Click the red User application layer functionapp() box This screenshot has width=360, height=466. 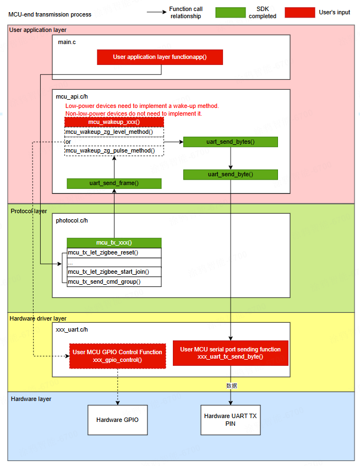click(x=160, y=57)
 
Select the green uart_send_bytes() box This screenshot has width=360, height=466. click(x=230, y=142)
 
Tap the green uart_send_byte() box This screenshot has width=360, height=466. click(x=230, y=175)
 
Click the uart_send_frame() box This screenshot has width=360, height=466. click(x=114, y=183)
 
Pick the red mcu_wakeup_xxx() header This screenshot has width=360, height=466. click(x=114, y=122)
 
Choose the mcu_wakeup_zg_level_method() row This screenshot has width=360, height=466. click(x=114, y=132)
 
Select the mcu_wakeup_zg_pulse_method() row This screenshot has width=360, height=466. click(x=114, y=150)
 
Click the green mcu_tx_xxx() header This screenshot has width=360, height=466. click(x=114, y=242)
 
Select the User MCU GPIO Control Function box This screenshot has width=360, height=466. click(x=117, y=356)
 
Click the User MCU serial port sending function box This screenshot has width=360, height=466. click(x=230, y=353)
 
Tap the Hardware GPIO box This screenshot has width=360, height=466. click(x=117, y=420)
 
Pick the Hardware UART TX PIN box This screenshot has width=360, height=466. click(x=230, y=420)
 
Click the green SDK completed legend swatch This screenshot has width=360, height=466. click(x=230, y=12)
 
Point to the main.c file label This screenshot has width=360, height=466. click(x=67, y=42)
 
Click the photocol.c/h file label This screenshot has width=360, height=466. click(x=72, y=220)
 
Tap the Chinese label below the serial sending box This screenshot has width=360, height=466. click(x=232, y=386)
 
